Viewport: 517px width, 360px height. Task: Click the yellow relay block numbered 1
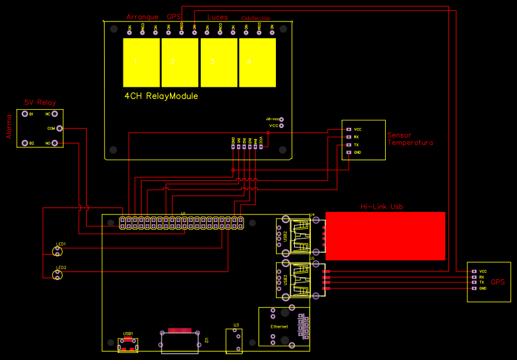pyautogui.click(x=141, y=62)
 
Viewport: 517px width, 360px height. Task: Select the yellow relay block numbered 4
pyautogui.click(x=257, y=62)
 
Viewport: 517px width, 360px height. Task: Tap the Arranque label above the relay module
pyautogui.click(x=142, y=16)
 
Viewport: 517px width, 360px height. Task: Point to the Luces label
pyautogui.click(x=217, y=16)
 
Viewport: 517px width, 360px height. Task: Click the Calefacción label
pyautogui.click(x=255, y=18)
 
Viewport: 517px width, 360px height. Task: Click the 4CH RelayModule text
pyautogui.click(x=161, y=96)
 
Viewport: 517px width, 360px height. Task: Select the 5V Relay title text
pyautogui.click(x=40, y=102)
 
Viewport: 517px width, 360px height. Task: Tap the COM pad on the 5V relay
pyautogui.click(x=56, y=129)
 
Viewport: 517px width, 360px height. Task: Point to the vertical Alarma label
pyautogui.click(x=9, y=127)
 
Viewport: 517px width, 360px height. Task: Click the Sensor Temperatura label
pyautogui.click(x=410, y=139)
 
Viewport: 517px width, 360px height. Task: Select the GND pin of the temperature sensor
pyautogui.click(x=348, y=153)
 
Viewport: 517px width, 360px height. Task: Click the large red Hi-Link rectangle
pyautogui.click(x=385, y=235)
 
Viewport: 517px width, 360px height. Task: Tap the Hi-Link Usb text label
pyautogui.click(x=385, y=207)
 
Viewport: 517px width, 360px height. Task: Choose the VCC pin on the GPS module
pyautogui.click(x=474, y=271)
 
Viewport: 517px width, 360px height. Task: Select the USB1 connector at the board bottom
pyautogui.click(x=128, y=344)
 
